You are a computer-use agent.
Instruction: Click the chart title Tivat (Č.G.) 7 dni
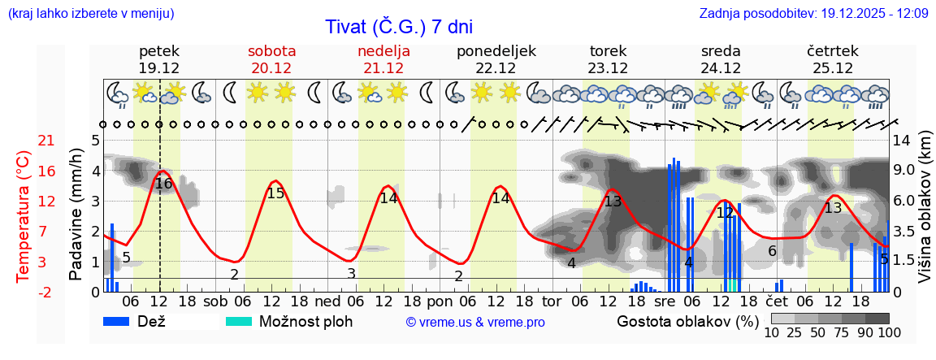point(399,27)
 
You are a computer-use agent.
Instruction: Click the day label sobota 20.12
point(271,59)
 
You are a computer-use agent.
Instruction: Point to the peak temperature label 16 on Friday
point(163,184)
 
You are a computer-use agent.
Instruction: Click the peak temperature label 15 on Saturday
point(275,193)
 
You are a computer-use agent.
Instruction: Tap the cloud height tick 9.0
point(905,171)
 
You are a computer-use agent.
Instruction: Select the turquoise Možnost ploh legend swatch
point(239,321)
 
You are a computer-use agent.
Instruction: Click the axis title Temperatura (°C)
point(24,216)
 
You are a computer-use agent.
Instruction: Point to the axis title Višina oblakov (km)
point(925,215)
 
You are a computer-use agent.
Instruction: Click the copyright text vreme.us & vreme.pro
point(475,323)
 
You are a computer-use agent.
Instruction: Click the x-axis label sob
point(216,301)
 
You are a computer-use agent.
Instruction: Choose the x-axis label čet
point(778,301)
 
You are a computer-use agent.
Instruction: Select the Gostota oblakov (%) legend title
point(686,321)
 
